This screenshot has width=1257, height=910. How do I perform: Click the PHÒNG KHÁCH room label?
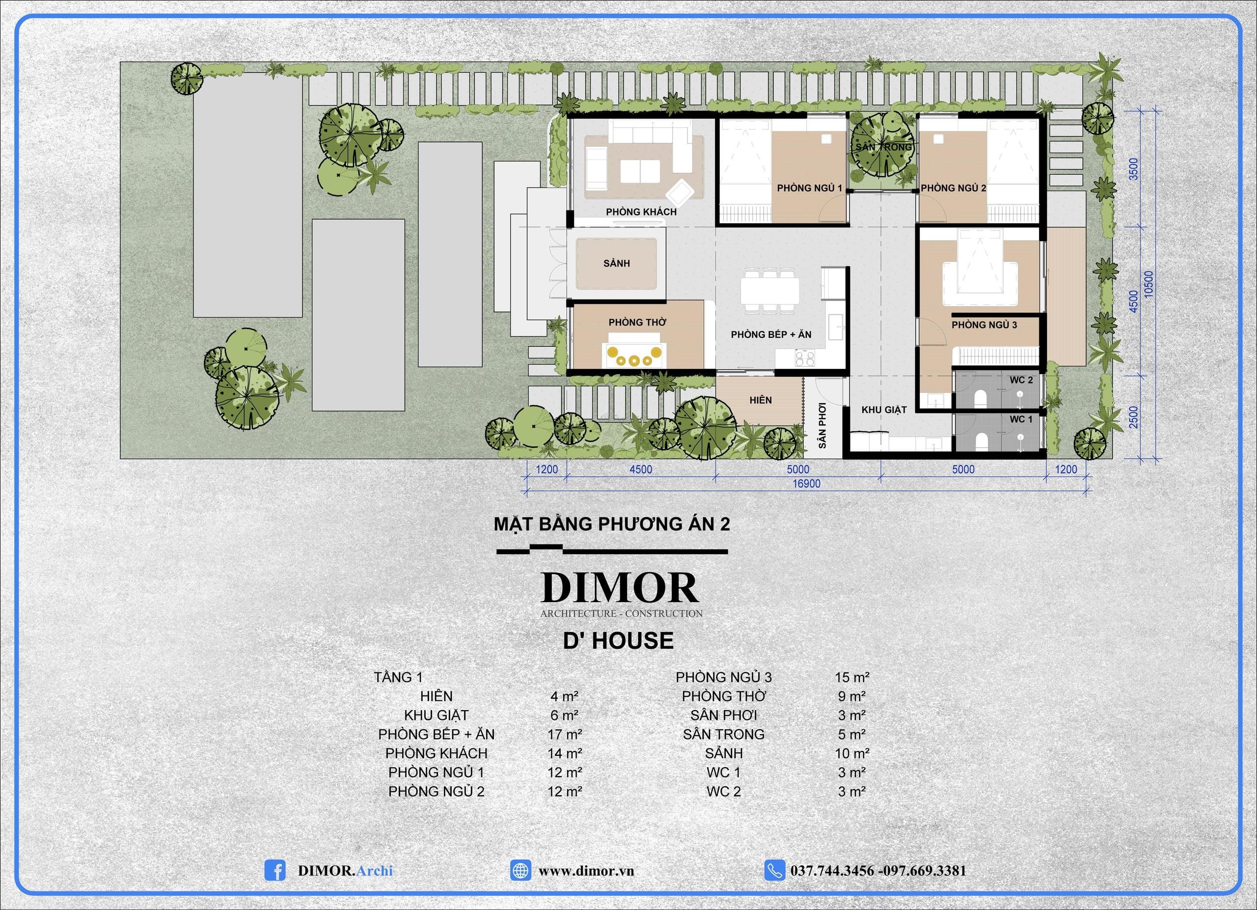click(641, 212)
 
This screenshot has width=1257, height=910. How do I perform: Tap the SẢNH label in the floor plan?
click(616, 263)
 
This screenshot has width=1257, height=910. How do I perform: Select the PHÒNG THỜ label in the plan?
click(637, 322)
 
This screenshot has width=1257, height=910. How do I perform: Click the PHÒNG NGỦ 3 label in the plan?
click(984, 325)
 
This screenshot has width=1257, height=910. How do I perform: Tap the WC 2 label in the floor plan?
click(1021, 380)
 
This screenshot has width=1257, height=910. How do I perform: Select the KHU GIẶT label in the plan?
click(884, 410)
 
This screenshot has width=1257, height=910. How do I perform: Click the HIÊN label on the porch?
click(761, 400)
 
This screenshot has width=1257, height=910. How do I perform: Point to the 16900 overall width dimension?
click(806, 484)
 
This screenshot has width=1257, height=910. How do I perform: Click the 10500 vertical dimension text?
click(1148, 284)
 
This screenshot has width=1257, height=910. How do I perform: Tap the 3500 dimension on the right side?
click(1134, 168)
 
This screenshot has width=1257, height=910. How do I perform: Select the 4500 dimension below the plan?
click(641, 469)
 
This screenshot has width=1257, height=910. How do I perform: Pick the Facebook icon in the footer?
click(275, 870)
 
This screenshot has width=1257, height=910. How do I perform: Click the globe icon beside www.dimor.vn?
click(520, 870)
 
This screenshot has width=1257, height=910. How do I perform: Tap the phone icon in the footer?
click(774, 870)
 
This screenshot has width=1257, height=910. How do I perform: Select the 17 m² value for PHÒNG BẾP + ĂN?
click(565, 734)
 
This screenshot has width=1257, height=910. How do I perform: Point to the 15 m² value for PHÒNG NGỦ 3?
click(852, 677)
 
